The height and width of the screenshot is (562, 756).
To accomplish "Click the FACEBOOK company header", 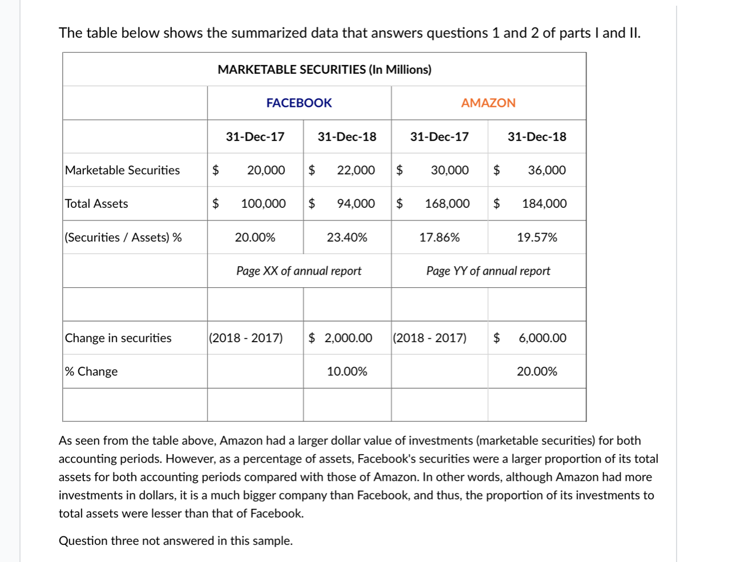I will pyautogui.click(x=299, y=103).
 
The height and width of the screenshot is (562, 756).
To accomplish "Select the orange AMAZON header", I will pyautogui.click(x=488, y=103).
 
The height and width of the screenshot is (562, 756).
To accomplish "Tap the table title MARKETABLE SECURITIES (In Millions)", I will pyautogui.click(x=324, y=70).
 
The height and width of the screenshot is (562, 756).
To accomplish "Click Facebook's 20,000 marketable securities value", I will pyautogui.click(x=266, y=170).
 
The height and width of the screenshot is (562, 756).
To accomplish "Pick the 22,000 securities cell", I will pyautogui.click(x=356, y=170).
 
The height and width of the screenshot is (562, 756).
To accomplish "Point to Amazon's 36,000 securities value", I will pyautogui.click(x=546, y=170).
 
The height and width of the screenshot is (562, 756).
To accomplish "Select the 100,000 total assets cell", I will pyautogui.click(x=263, y=204).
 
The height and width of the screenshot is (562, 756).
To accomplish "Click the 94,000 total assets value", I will pyautogui.click(x=356, y=204).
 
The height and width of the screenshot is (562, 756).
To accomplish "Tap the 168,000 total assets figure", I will pyautogui.click(x=447, y=204).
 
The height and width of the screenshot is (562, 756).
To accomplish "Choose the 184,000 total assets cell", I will pyautogui.click(x=544, y=204).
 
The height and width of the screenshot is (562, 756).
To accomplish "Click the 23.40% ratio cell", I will pyautogui.click(x=347, y=238).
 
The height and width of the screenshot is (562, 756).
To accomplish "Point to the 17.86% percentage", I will pyautogui.click(x=439, y=238).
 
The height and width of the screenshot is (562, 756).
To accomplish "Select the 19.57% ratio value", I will pyautogui.click(x=537, y=238).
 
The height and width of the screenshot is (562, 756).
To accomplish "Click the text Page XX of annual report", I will pyautogui.click(x=299, y=271).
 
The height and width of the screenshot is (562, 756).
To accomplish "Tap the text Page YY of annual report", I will pyautogui.click(x=488, y=271).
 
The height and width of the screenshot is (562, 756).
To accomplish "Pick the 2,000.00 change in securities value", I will pyautogui.click(x=348, y=338).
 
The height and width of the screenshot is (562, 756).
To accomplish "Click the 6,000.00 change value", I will pyautogui.click(x=542, y=338).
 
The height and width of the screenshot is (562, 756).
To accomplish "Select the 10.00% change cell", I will pyautogui.click(x=347, y=372).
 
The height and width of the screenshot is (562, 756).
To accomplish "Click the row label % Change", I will pyautogui.click(x=91, y=372).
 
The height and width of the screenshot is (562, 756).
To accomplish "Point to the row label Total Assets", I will pyautogui.click(x=96, y=204).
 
